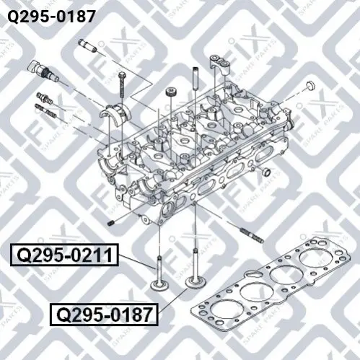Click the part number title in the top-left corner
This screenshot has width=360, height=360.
[x=51, y=17]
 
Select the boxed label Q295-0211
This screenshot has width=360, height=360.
[x=64, y=255]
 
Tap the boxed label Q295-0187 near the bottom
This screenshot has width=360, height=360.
[x=104, y=315]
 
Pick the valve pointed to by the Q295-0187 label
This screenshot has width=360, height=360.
[x=196, y=269]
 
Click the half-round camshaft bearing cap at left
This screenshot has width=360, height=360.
[x=115, y=113]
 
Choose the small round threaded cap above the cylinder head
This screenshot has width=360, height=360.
[x=171, y=92]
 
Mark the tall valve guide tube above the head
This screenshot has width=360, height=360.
[x=196, y=78]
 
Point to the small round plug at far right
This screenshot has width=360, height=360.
[x=310, y=86]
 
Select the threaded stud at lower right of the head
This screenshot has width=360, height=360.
[x=252, y=236]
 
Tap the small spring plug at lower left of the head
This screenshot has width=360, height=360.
[x=111, y=223]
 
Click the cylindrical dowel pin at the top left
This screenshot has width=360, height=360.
[x=88, y=45]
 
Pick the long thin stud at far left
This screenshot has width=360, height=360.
[x=46, y=110]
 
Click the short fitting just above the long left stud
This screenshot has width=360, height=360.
[x=45, y=98]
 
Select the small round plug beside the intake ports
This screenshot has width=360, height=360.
[x=266, y=172]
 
